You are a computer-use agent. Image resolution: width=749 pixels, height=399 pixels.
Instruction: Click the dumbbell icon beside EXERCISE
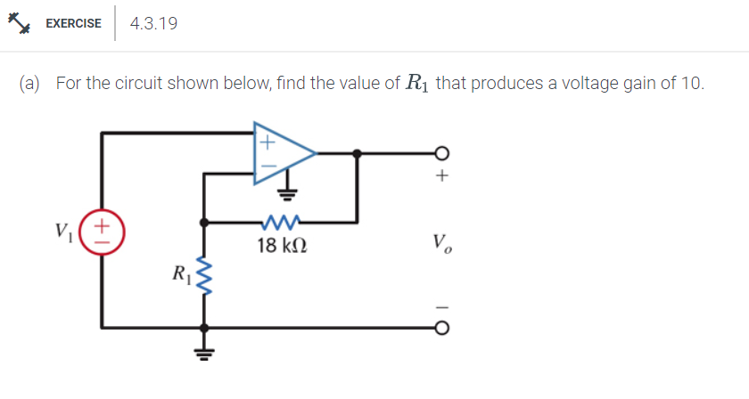19,24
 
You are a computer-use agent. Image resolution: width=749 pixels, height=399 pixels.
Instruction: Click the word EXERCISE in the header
73,24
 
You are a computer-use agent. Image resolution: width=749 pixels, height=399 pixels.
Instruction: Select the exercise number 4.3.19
153,24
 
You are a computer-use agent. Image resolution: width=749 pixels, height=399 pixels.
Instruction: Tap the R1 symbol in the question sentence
416,84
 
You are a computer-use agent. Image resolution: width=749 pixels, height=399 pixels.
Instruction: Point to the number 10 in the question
692,84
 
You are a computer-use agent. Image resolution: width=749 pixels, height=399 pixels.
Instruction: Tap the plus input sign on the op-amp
266,139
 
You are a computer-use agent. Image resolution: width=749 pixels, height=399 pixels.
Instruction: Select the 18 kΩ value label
282,244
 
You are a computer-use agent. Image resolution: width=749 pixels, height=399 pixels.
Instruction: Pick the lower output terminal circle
439,327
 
